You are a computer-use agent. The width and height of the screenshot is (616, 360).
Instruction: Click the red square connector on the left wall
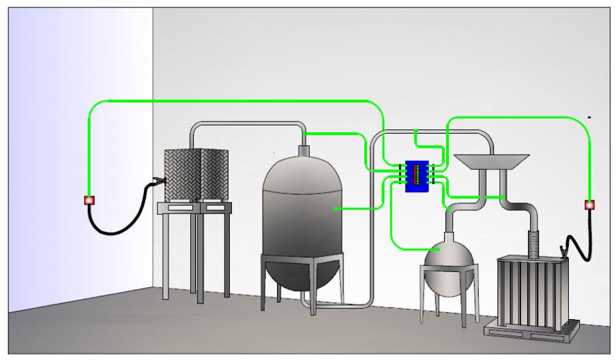[89, 200]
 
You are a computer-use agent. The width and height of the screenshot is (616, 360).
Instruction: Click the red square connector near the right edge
[589, 204]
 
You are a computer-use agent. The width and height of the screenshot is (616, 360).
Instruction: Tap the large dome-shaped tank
[302, 218]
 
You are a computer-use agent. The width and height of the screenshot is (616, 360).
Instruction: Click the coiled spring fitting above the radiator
[534, 243]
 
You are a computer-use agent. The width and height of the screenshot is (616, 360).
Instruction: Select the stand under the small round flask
[448, 293]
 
